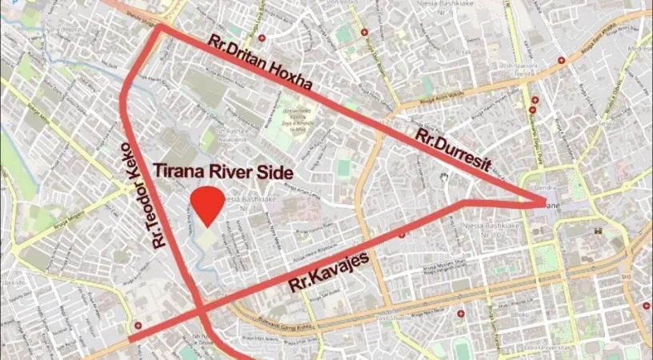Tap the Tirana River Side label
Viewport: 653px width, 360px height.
[x=223, y=171]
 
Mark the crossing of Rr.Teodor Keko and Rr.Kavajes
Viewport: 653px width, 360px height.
[x=198, y=309]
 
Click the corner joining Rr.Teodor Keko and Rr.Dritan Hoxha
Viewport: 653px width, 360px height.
[x=159, y=27]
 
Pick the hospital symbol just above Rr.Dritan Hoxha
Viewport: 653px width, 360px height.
[x=364, y=33]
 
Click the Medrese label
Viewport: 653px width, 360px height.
[x=639, y=48]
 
